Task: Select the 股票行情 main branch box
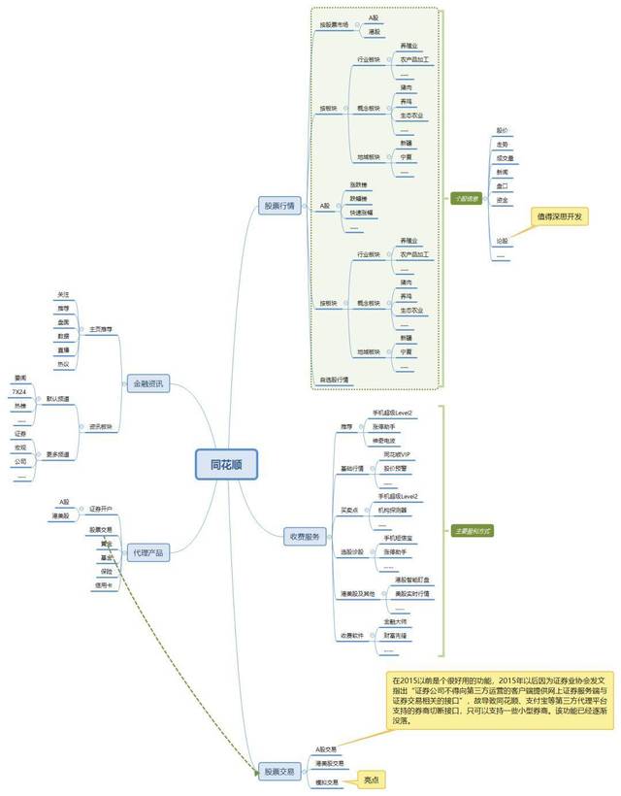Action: click(x=281, y=206)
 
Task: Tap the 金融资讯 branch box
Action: click(x=148, y=384)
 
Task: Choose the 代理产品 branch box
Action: click(x=148, y=552)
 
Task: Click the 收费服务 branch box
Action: click(x=304, y=537)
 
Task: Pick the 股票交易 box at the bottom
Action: click(x=279, y=772)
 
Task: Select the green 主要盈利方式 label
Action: click(x=473, y=531)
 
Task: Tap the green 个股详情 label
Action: click(x=467, y=197)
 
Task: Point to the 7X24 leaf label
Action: click(x=19, y=391)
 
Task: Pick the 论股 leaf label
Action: click(x=502, y=240)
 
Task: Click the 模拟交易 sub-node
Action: click(x=326, y=781)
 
